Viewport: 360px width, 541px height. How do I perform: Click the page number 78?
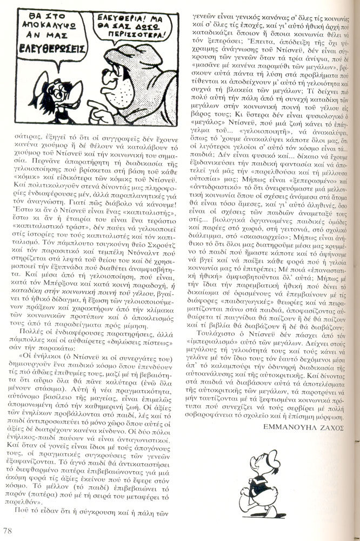pos(8,530)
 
